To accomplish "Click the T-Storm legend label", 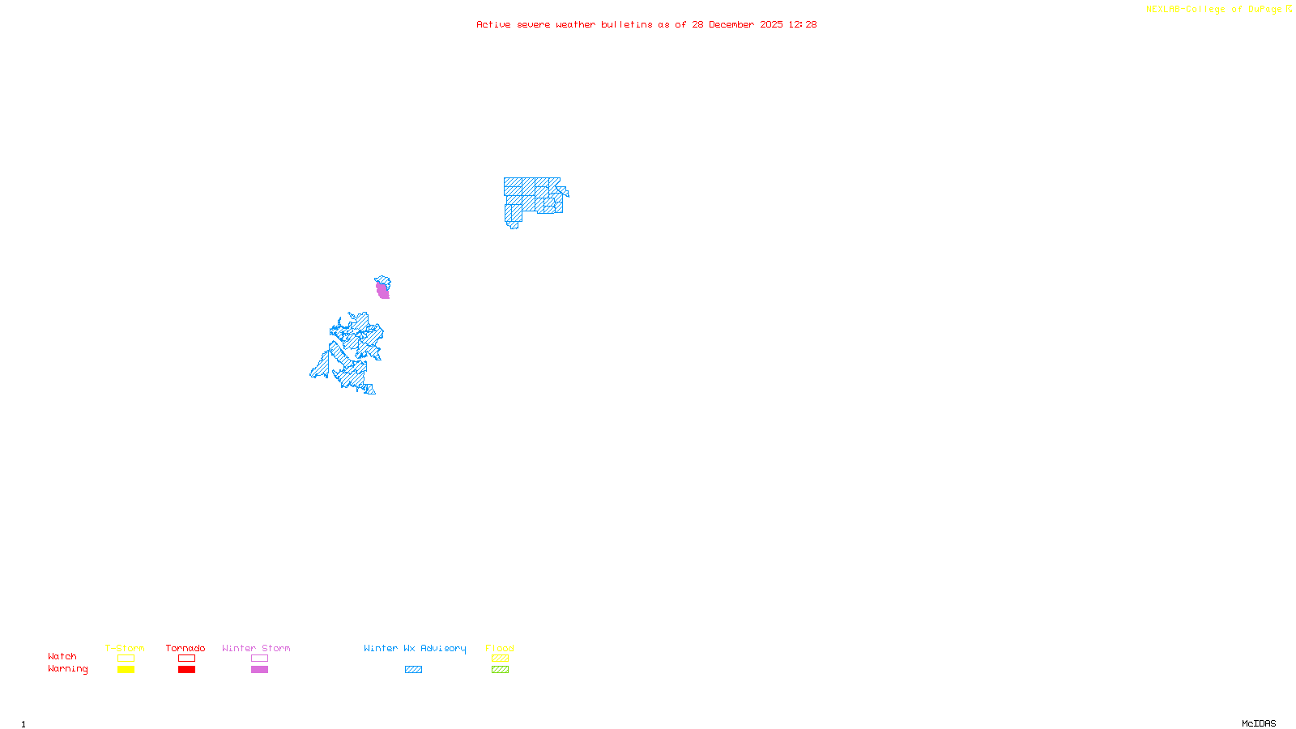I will [x=125, y=648].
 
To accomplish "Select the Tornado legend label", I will [x=185, y=648].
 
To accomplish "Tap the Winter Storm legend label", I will [x=256, y=648].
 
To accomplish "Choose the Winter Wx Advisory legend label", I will [x=415, y=648].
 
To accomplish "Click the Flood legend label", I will [x=500, y=648].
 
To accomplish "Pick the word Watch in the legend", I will [x=62, y=656].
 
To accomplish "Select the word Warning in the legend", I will [x=68, y=669].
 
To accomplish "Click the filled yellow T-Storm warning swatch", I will [x=126, y=670].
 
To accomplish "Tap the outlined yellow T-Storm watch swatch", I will [x=126, y=659].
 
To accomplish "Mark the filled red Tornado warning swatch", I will [x=187, y=670].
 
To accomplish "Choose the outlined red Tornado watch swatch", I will [x=187, y=659].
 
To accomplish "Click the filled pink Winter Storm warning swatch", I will [x=259, y=670].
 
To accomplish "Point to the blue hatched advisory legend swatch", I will [x=413, y=670].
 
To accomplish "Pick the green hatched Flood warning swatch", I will [x=500, y=670].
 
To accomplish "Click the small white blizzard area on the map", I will [x=562, y=181].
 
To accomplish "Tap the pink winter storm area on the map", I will [x=382, y=291].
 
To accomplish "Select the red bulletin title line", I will [x=646, y=24].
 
